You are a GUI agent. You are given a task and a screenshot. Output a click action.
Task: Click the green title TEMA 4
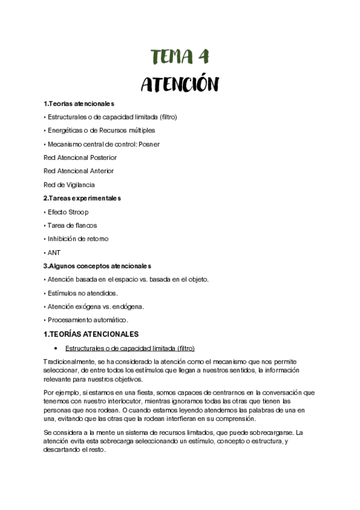tap(180, 57)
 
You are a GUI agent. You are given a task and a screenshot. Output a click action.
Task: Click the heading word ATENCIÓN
tap(180, 84)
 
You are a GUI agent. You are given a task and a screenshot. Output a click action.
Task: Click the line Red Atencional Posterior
tap(80, 157)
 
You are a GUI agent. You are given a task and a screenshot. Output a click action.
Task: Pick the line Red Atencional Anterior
tap(79, 171)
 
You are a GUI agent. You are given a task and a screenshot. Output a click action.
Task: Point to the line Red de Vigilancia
tap(69, 185)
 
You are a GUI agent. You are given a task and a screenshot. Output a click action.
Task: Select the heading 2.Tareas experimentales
tap(82, 198)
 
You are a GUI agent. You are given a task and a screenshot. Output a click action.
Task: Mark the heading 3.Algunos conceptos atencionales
tap(97, 265)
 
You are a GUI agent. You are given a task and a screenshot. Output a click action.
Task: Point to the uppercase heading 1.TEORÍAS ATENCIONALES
tap(91, 334)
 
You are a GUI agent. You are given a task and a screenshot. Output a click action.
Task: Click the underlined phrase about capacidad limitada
tap(130, 348)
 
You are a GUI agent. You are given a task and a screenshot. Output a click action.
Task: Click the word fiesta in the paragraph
tap(121, 392)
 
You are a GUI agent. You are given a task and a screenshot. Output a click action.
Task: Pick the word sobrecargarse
tap(278, 432)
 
